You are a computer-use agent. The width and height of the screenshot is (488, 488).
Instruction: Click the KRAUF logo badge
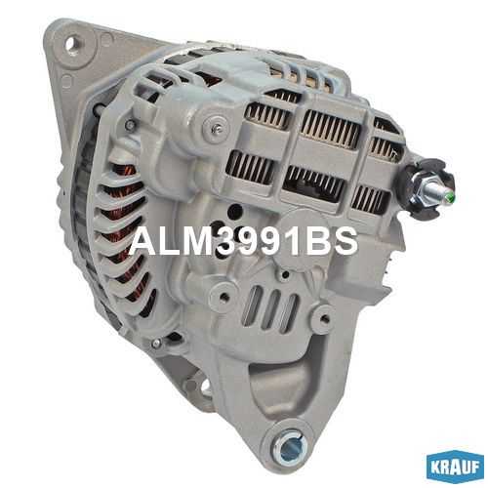(x=455, y=468)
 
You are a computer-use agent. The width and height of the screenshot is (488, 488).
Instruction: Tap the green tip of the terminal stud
(x=450, y=196)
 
